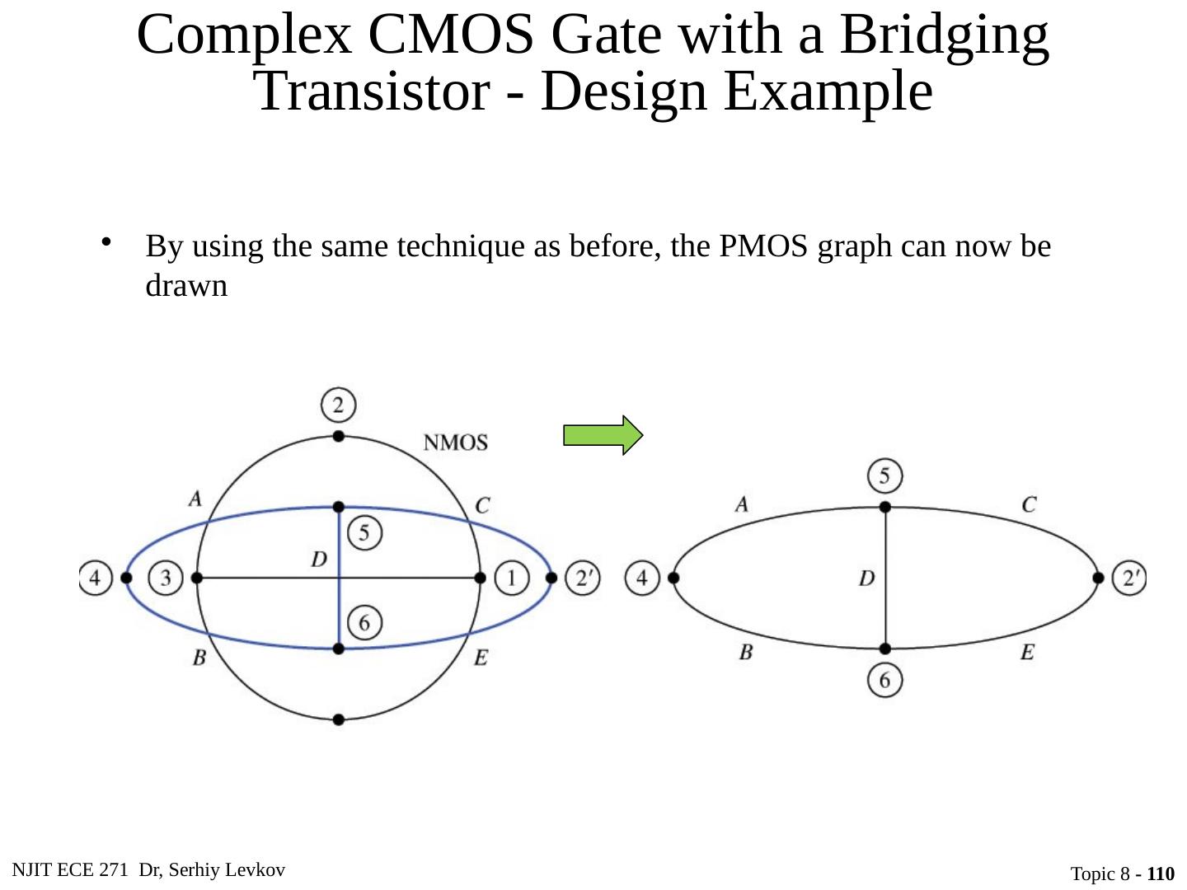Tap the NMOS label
pos(455,443)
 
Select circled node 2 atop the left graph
pos(338,405)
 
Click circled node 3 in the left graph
pos(166,578)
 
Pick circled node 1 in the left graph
pos(511,578)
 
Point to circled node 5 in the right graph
pos(884,476)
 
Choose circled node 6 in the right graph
pos(884,680)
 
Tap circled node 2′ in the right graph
pos(1129,578)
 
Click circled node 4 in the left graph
pos(96,578)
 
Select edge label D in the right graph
pos(866,578)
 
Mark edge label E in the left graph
pos(481,658)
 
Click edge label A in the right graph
pos(742,504)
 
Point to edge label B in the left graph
pos(199,658)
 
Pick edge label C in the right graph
pos(1029,504)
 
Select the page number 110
pos(1160,874)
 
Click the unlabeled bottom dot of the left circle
pos(338,719)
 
